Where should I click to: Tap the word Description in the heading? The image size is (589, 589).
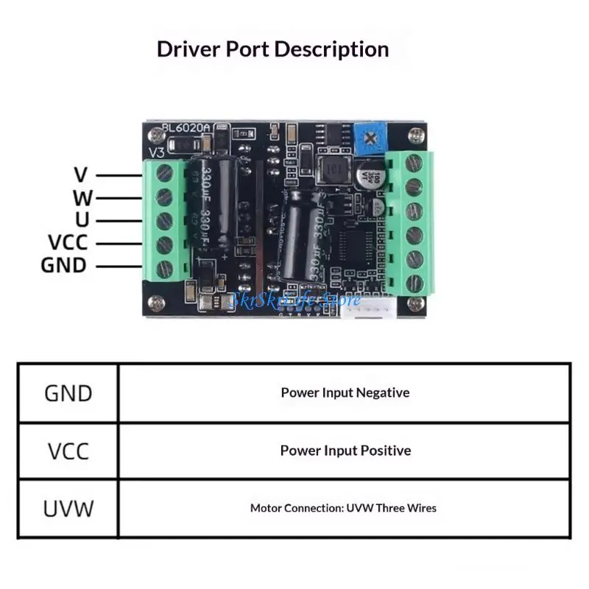(331, 50)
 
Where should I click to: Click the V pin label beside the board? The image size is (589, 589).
(81, 175)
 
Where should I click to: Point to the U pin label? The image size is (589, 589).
(82, 219)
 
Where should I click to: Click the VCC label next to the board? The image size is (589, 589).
(68, 242)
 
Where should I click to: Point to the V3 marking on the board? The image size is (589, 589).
(158, 152)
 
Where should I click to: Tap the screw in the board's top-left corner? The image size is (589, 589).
(155, 135)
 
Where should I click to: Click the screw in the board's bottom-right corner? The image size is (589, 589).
(416, 303)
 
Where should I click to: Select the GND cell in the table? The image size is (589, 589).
(68, 393)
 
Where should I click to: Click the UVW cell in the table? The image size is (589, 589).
(68, 508)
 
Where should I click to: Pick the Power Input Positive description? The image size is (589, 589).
(345, 451)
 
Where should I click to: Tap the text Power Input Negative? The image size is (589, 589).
(345, 392)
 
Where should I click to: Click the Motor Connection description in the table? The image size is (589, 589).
(343, 508)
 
